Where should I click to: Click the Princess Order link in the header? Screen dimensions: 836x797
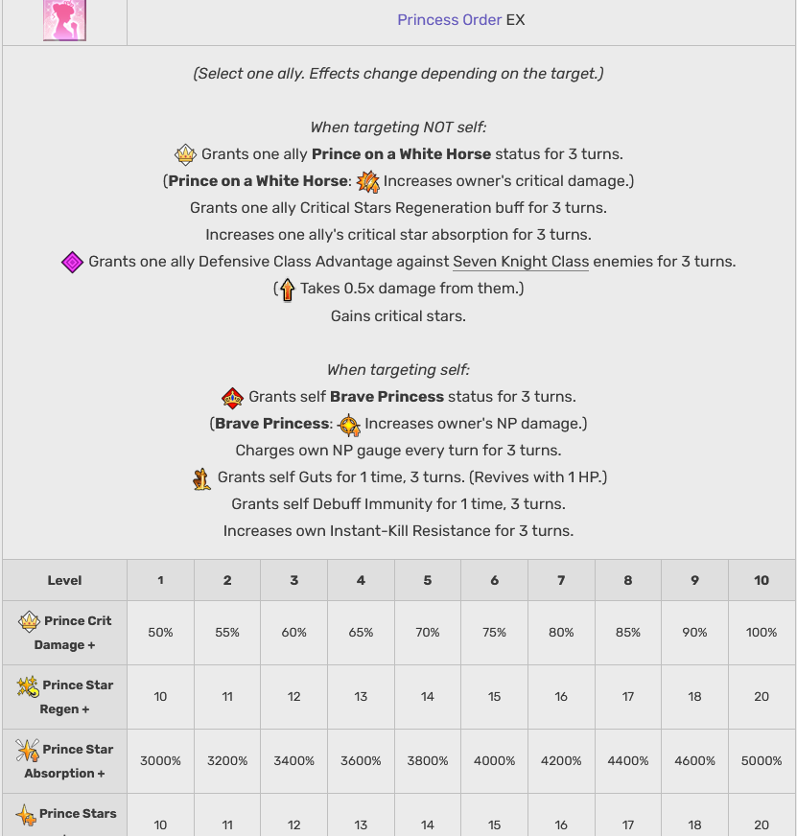[449, 19]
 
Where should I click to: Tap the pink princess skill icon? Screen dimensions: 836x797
[64, 20]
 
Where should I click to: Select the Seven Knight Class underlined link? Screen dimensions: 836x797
[521, 261]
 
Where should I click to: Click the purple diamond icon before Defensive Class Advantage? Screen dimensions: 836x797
[73, 262]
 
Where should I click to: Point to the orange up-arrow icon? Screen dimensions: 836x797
[286, 289]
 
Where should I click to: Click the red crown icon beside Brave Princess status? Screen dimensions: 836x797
[233, 397]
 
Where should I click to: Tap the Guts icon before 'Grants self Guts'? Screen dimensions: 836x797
[202, 477]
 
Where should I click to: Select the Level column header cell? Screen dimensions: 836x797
[64, 580]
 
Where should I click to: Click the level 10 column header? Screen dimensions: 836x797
[761, 580]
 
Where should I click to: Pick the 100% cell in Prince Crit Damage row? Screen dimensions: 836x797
[761, 633]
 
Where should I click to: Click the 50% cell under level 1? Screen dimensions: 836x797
[160, 633]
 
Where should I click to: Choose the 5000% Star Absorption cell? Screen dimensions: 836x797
[761, 760]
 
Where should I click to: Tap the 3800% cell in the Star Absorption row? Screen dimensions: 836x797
[427, 760]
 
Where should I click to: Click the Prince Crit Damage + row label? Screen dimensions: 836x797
[64, 633]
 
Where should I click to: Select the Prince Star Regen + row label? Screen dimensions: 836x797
[64, 697]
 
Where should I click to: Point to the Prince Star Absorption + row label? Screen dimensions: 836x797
[64, 760]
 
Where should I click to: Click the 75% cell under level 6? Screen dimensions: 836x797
[494, 633]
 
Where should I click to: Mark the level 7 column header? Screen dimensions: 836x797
[561, 580]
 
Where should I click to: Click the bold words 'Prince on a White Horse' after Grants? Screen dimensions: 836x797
[401, 153]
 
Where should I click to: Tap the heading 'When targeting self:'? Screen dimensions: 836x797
[398, 370]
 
